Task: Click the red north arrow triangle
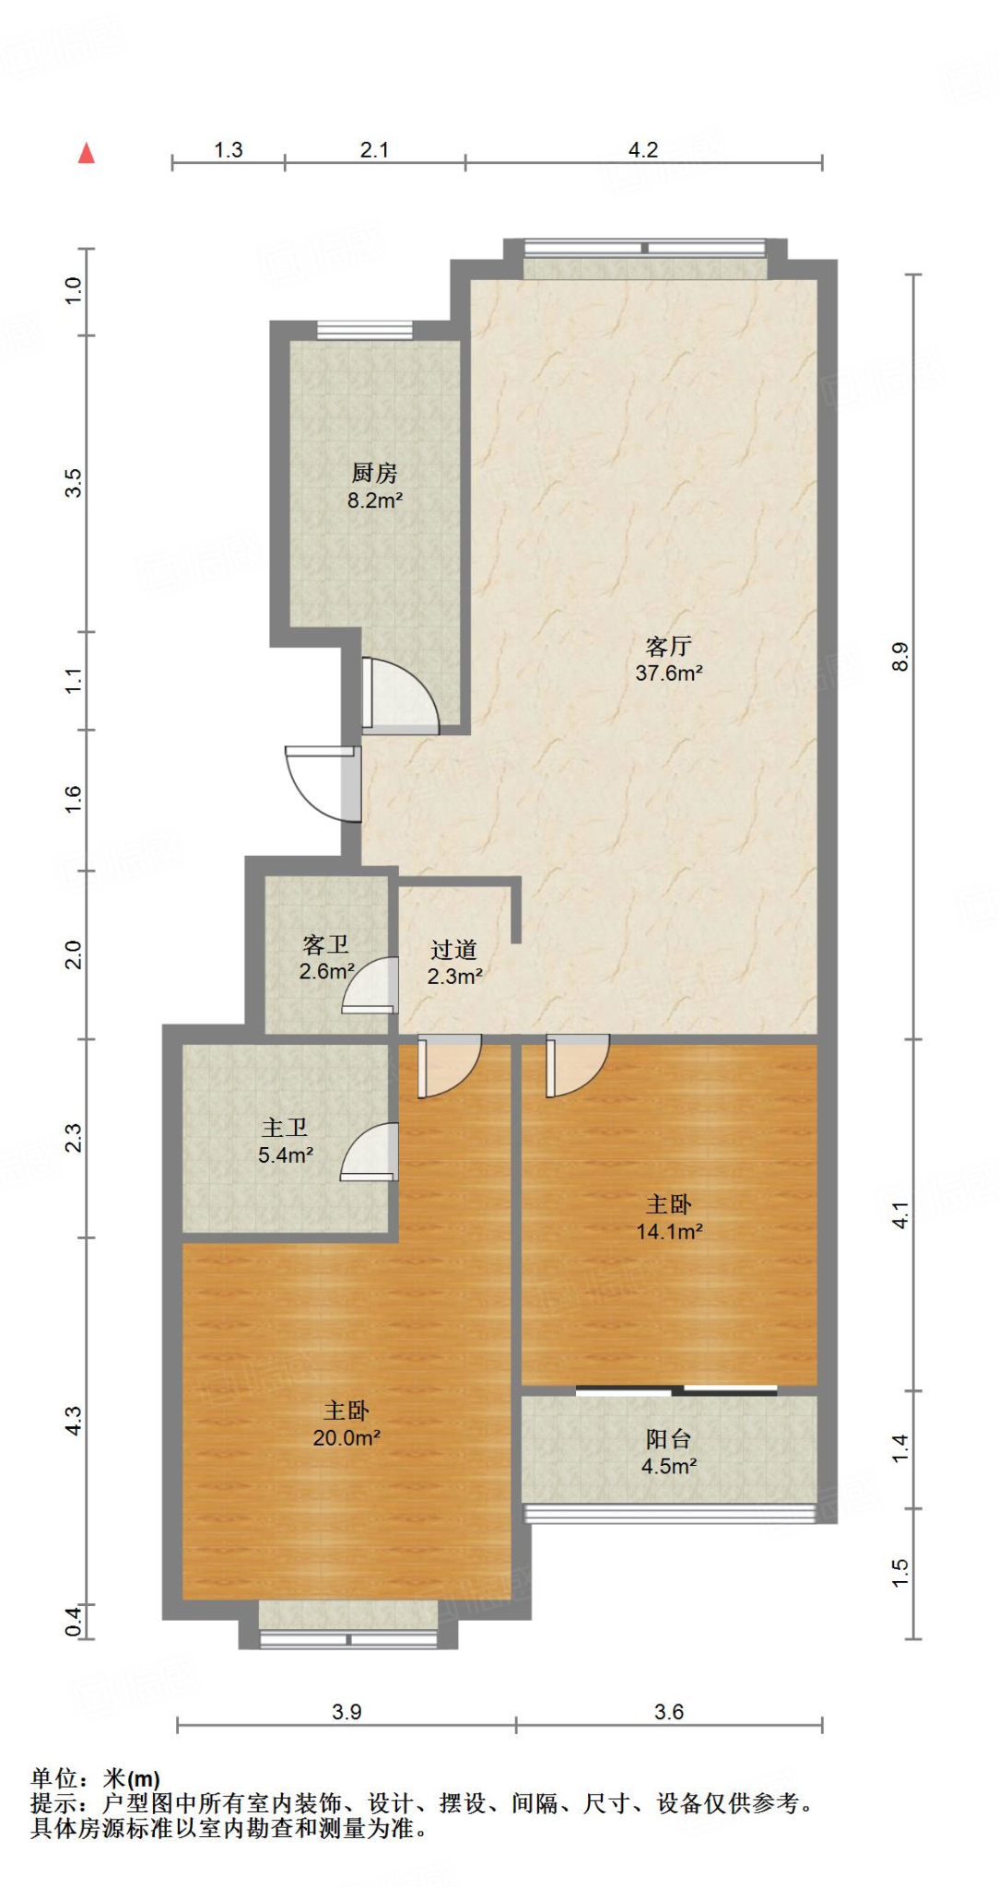click(87, 153)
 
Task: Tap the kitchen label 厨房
click(374, 473)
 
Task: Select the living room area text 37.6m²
click(669, 673)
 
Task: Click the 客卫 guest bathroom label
click(325, 944)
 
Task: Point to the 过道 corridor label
click(453, 949)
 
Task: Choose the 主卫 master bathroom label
click(285, 1128)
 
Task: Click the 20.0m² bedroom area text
click(347, 1437)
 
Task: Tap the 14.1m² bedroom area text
click(670, 1231)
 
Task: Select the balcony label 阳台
click(668, 1439)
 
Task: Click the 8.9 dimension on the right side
click(900, 656)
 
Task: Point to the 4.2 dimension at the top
click(643, 149)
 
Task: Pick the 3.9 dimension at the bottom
click(347, 1711)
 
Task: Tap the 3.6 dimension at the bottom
click(669, 1711)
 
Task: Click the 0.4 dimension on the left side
click(74, 1621)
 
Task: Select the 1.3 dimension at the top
click(229, 149)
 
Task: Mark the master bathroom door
click(370, 1152)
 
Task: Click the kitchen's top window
click(365, 331)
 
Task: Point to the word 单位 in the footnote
click(54, 1777)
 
